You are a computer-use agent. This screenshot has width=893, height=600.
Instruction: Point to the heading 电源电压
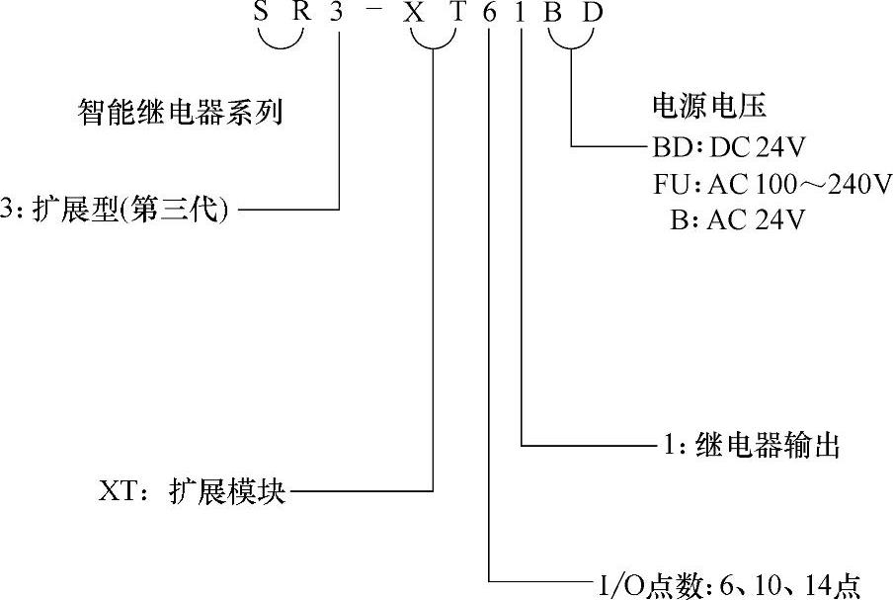click(709, 105)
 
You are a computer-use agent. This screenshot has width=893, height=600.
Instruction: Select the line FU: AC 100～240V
click(771, 184)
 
